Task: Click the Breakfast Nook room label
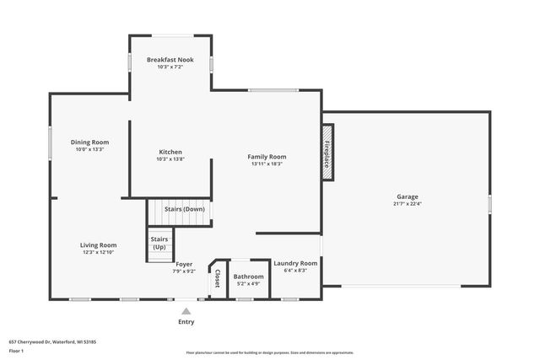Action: [170, 60]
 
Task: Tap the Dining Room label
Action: [89, 142]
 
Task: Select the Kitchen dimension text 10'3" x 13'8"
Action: [170, 159]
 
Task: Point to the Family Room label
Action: [267, 156]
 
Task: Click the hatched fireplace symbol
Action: [327, 151]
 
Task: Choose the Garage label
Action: [407, 196]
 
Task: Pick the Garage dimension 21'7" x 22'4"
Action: [407, 203]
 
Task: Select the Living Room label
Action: [98, 244]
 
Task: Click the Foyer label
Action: [184, 264]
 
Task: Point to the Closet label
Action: [217, 278]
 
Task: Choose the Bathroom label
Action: [249, 277]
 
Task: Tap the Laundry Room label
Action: [295, 263]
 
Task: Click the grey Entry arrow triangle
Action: [186, 311]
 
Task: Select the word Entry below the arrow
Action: [186, 322]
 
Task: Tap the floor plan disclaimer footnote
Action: [269, 352]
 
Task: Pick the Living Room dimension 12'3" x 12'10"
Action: [98, 252]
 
